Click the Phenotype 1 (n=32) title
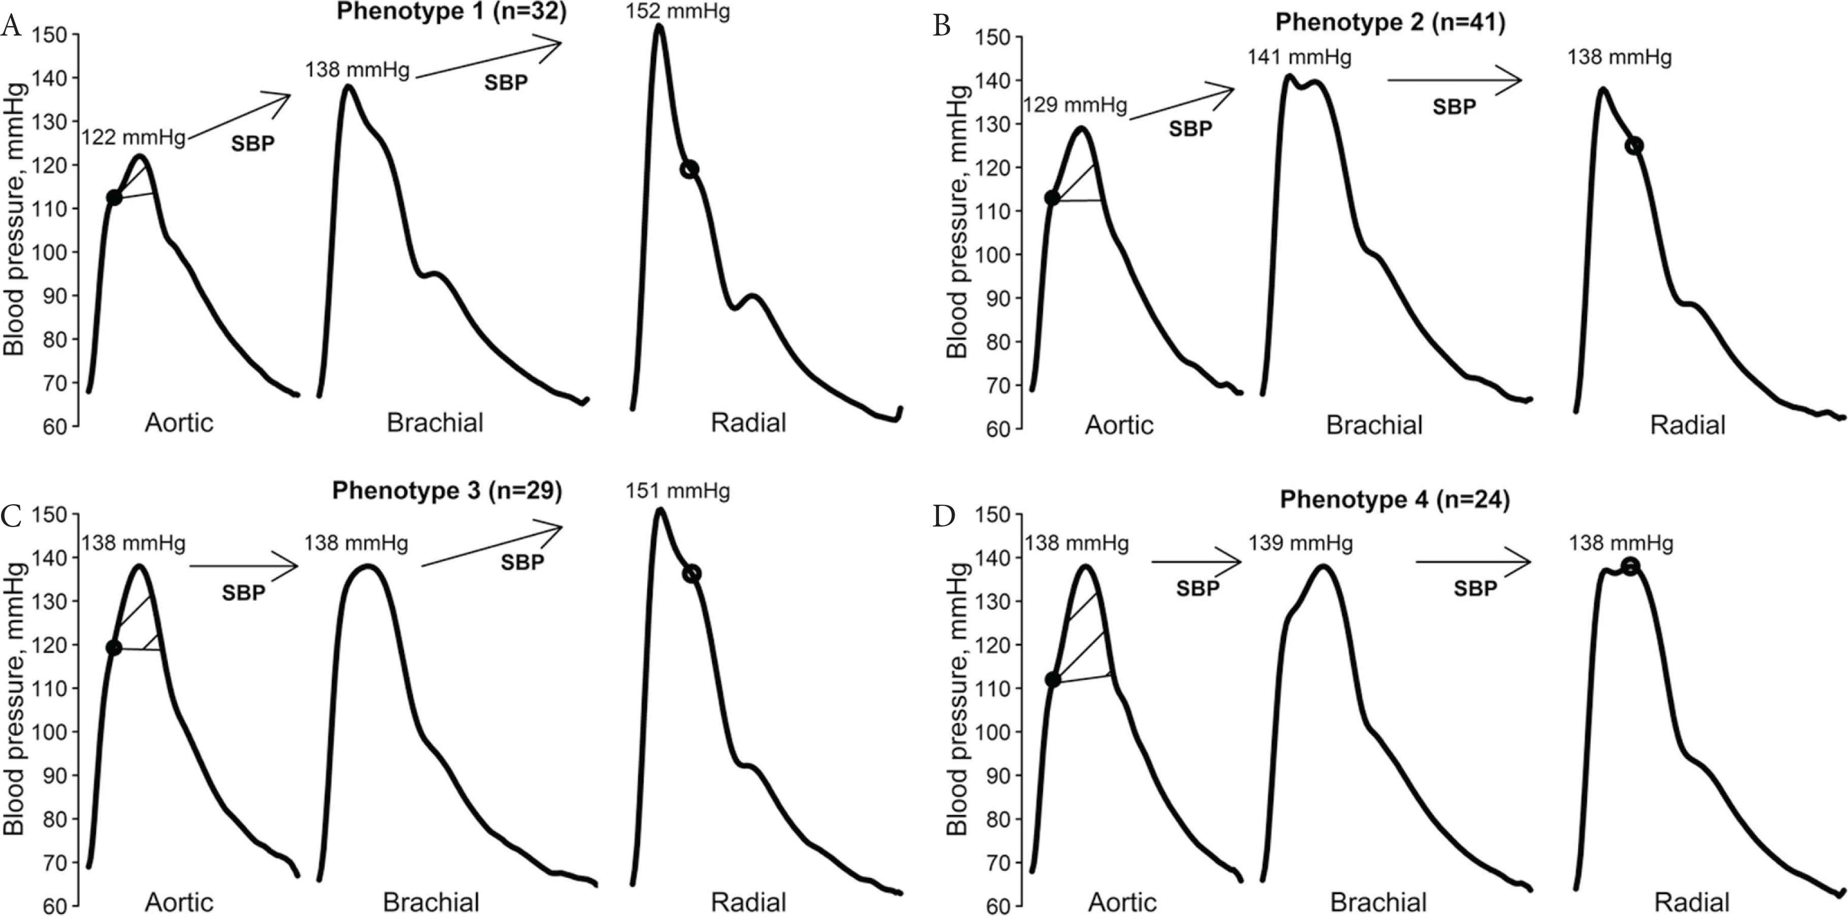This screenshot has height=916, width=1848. coord(451,12)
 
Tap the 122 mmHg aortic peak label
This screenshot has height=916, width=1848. coord(133,137)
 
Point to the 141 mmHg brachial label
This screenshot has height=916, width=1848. coord(1299,57)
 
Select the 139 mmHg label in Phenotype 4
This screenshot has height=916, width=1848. coord(1301,543)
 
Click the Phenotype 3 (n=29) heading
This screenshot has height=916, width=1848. coord(447,491)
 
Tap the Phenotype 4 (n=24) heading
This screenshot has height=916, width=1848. coord(1395,500)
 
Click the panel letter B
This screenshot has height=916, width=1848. coord(942,26)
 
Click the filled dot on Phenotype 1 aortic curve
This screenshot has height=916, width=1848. coord(114,198)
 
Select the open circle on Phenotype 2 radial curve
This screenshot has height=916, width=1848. coord(1634,146)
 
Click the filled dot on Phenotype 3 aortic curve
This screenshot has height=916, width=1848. coord(113,647)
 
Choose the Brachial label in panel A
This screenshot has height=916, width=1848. coord(435,423)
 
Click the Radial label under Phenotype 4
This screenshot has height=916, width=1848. coord(1692,902)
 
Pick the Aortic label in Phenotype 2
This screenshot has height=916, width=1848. coord(1119,425)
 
